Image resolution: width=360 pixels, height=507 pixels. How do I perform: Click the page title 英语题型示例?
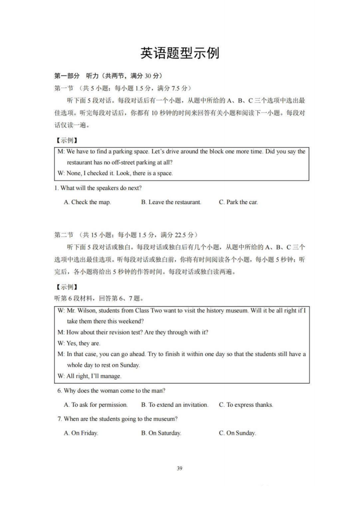point(180,53)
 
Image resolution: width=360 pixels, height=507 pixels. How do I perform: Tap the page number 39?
point(180,468)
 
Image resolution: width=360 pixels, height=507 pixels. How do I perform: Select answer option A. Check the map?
point(87,202)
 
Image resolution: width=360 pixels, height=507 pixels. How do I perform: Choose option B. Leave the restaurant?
point(171,202)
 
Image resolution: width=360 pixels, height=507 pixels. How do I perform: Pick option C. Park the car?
point(238,202)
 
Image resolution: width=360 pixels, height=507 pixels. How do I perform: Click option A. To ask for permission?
point(96,405)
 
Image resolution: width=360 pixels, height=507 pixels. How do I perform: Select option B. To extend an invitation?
point(175,405)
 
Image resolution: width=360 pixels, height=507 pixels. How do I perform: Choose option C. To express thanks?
point(246,405)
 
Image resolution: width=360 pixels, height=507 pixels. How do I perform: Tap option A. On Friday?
point(81,433)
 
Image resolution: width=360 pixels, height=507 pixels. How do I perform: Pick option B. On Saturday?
point(161,433)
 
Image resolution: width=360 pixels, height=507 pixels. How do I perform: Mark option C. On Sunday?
point(238,433)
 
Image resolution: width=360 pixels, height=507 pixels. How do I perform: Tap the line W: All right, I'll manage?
point(89,376)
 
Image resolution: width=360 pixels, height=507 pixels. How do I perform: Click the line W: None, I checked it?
point(115,173)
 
